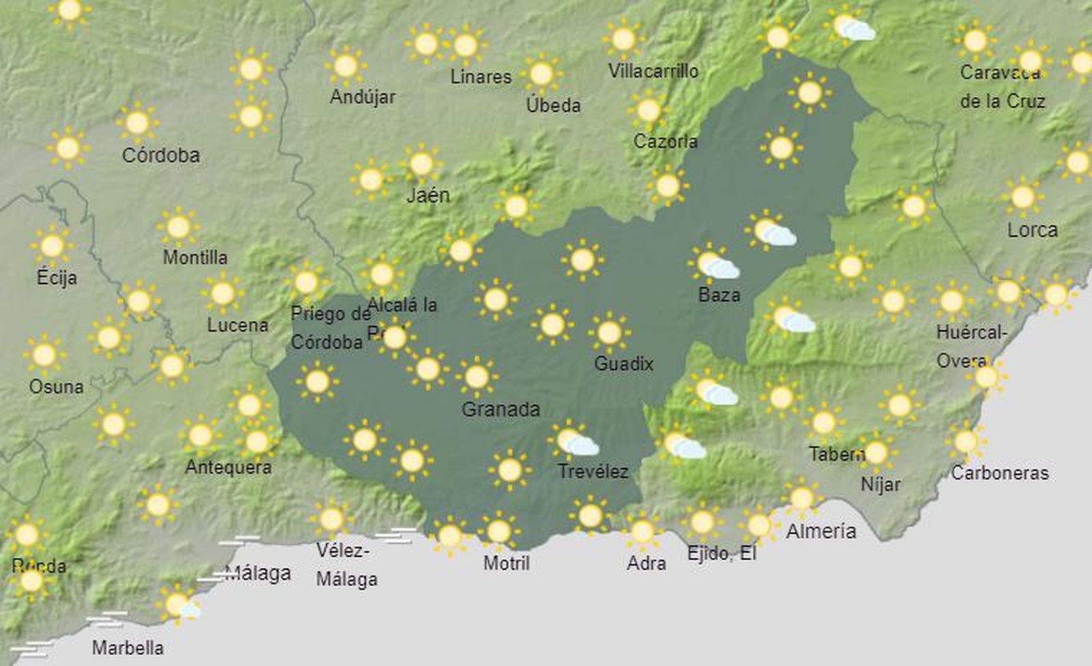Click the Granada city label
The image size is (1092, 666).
[x=501, y=409]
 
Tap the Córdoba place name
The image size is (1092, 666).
[x=161, y=156]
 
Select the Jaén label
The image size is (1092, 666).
[x=428, y=196]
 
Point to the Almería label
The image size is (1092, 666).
[x=821, y=531]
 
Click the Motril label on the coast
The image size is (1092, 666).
[x=506, y=563]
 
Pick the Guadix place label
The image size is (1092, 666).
[x=624, y=364]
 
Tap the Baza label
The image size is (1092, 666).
[x=719, y=295]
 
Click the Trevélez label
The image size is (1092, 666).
[x=593, y=471]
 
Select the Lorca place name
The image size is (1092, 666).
[x=1033, y=230]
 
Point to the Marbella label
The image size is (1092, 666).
[x=128, y=648]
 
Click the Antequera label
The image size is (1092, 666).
[x=228, y=467]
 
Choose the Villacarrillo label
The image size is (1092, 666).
[x=653, y=71]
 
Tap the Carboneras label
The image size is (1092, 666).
[x=1000, y=473]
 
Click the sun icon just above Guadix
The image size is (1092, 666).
[x=609, y=333]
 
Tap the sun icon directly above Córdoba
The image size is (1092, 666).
[x=137, y=123]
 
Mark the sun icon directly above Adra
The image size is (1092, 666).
[x=642, y=531]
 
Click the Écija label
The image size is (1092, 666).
[x=57, y=278]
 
